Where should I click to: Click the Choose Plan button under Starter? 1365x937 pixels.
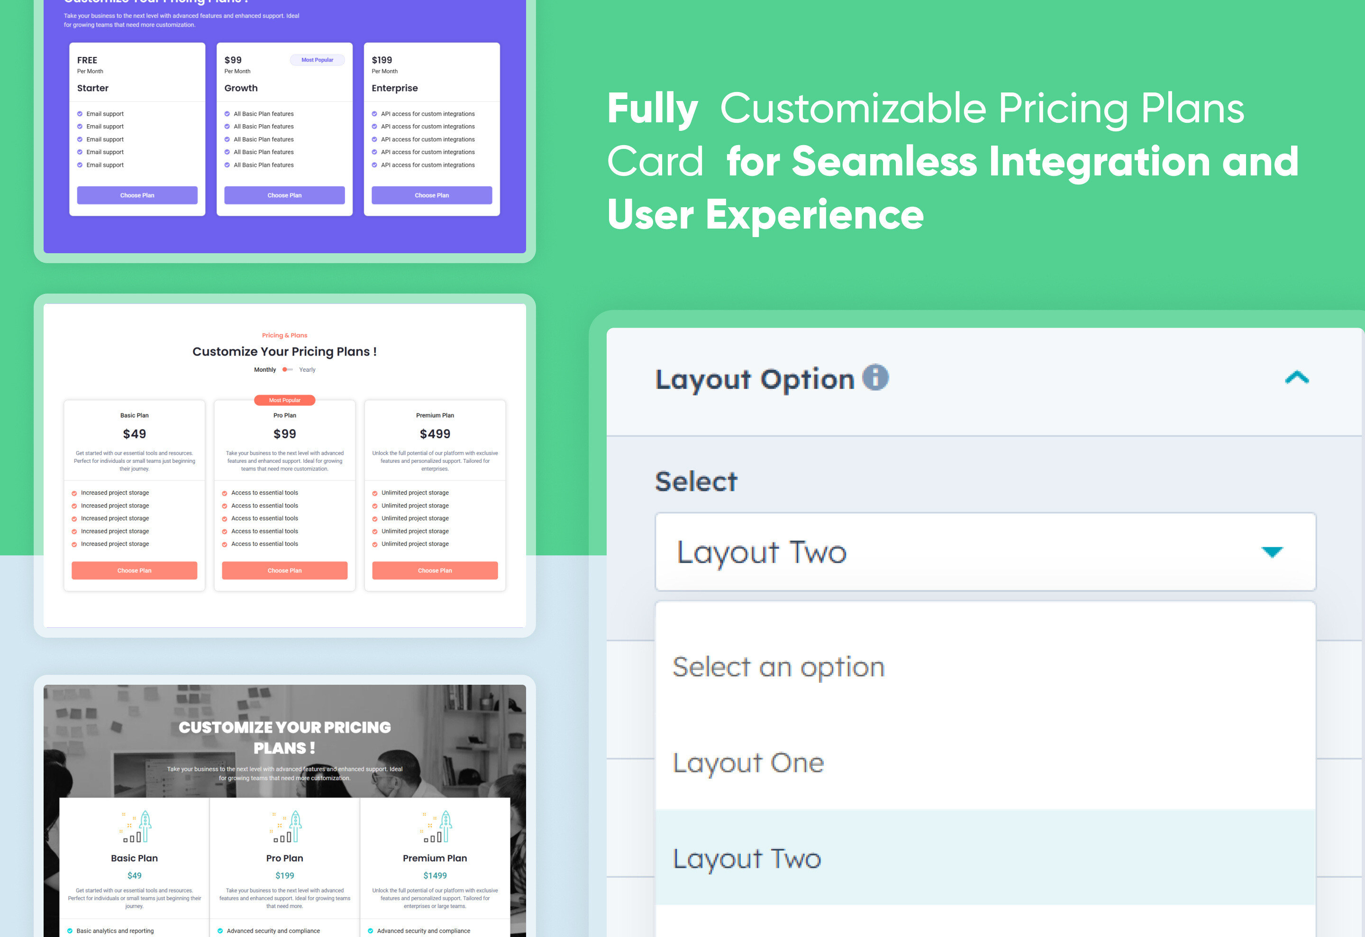[137, 195]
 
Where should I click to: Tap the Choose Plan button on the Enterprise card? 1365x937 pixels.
[432, 195]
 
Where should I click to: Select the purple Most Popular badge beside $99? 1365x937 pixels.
[317, 60]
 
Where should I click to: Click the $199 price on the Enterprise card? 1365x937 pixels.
[382, 60]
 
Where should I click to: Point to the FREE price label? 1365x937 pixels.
[87, 60]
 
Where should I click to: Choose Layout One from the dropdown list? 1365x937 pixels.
[748, 762]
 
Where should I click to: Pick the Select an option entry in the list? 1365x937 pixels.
[778, 667]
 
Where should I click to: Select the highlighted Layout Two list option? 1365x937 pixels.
[746, 858]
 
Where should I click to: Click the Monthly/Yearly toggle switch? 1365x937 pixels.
[287, 369]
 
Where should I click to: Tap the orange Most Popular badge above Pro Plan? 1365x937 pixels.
[284, 400]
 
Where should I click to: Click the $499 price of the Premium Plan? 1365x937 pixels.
[435, 433]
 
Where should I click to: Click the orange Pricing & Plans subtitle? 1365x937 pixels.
[284, 335]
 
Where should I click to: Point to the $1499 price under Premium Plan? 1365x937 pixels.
[435, 875]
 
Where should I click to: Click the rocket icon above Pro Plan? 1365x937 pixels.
[286, 826]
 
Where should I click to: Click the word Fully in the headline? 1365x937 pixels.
[652, 109]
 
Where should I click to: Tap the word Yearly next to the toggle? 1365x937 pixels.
[307, 369]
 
